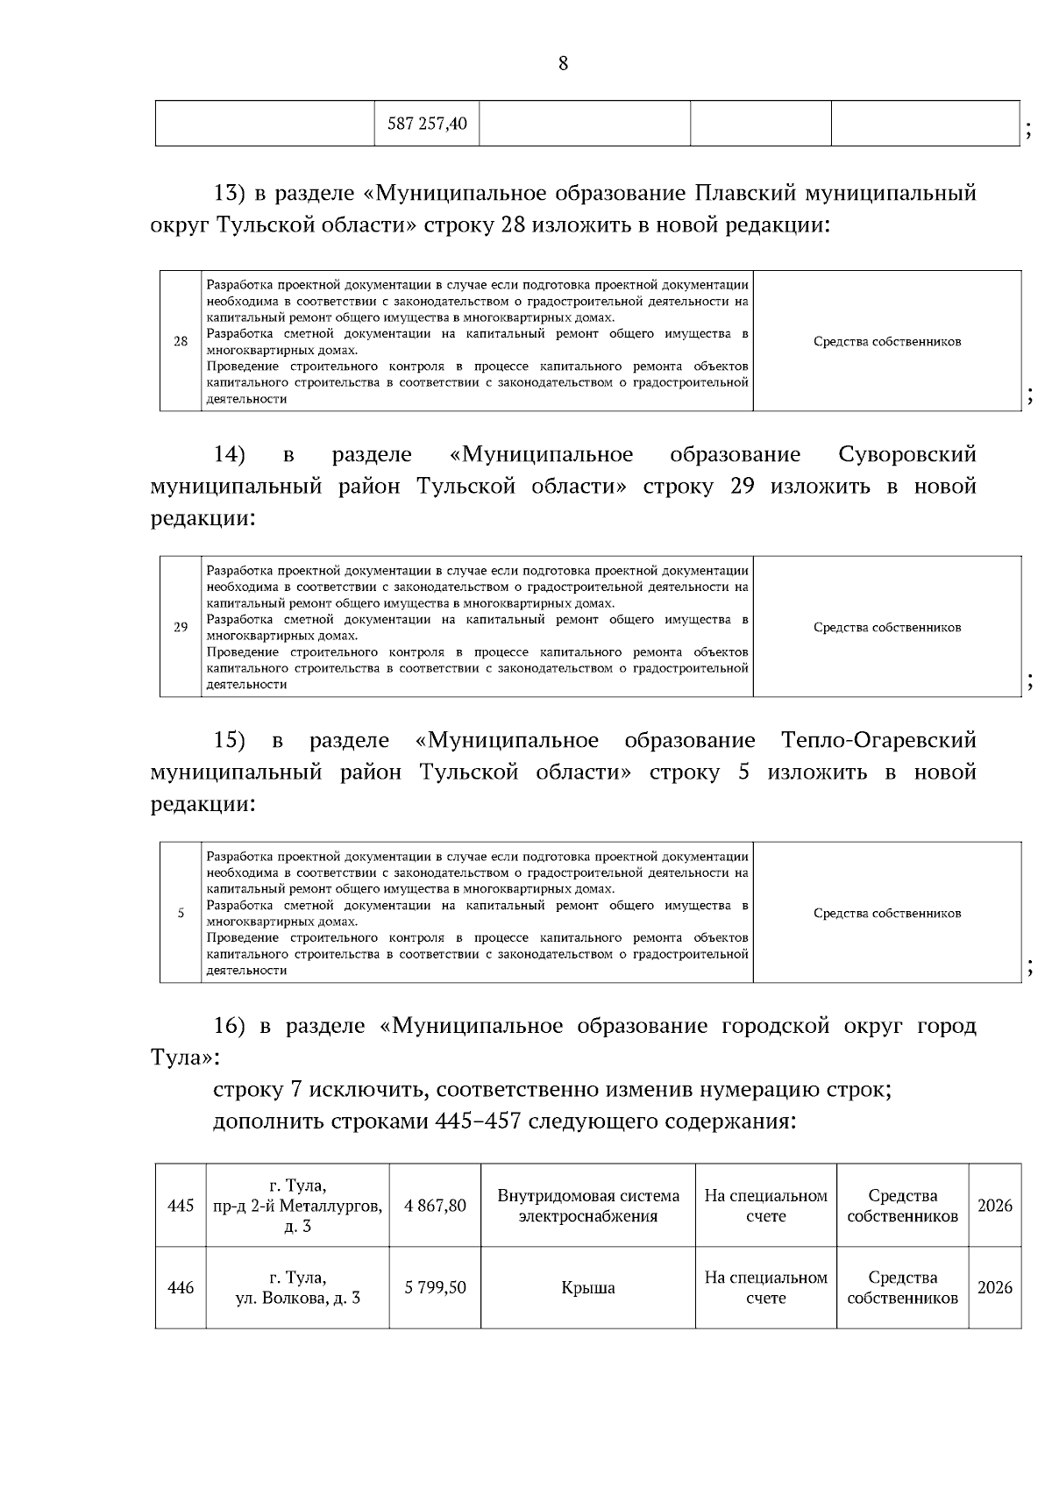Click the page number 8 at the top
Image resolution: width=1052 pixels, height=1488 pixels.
coord(563,63)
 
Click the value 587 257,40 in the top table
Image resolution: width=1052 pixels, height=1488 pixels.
coord(427,124)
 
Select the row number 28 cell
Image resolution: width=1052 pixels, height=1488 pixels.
coord(181,341)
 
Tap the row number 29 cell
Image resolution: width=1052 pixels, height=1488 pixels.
coord(181,627)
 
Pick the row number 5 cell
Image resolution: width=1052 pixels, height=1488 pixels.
coord(181,913)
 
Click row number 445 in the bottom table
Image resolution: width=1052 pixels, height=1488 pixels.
coord(181,1206)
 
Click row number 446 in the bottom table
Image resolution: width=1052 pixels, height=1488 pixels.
coord(181,1288)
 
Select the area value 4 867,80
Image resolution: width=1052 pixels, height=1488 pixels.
coord(435,1206)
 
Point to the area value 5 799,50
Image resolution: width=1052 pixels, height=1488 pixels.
coord(435,1288)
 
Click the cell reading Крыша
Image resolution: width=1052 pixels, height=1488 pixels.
coord(588,1288)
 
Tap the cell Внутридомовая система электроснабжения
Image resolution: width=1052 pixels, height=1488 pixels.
coord(588,1206)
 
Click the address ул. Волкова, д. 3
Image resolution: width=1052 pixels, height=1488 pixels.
coord(298,1298)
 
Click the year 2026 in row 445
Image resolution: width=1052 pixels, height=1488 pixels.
coord(994,1206)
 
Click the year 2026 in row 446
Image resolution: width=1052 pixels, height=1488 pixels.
coord(994,1288)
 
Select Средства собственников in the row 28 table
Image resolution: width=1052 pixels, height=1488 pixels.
coord(887,341)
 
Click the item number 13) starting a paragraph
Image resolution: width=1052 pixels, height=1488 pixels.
coord(233,193)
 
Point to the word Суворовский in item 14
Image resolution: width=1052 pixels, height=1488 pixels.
coord(906,454)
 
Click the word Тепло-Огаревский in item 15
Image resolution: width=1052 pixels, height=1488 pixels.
coord(878,740)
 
